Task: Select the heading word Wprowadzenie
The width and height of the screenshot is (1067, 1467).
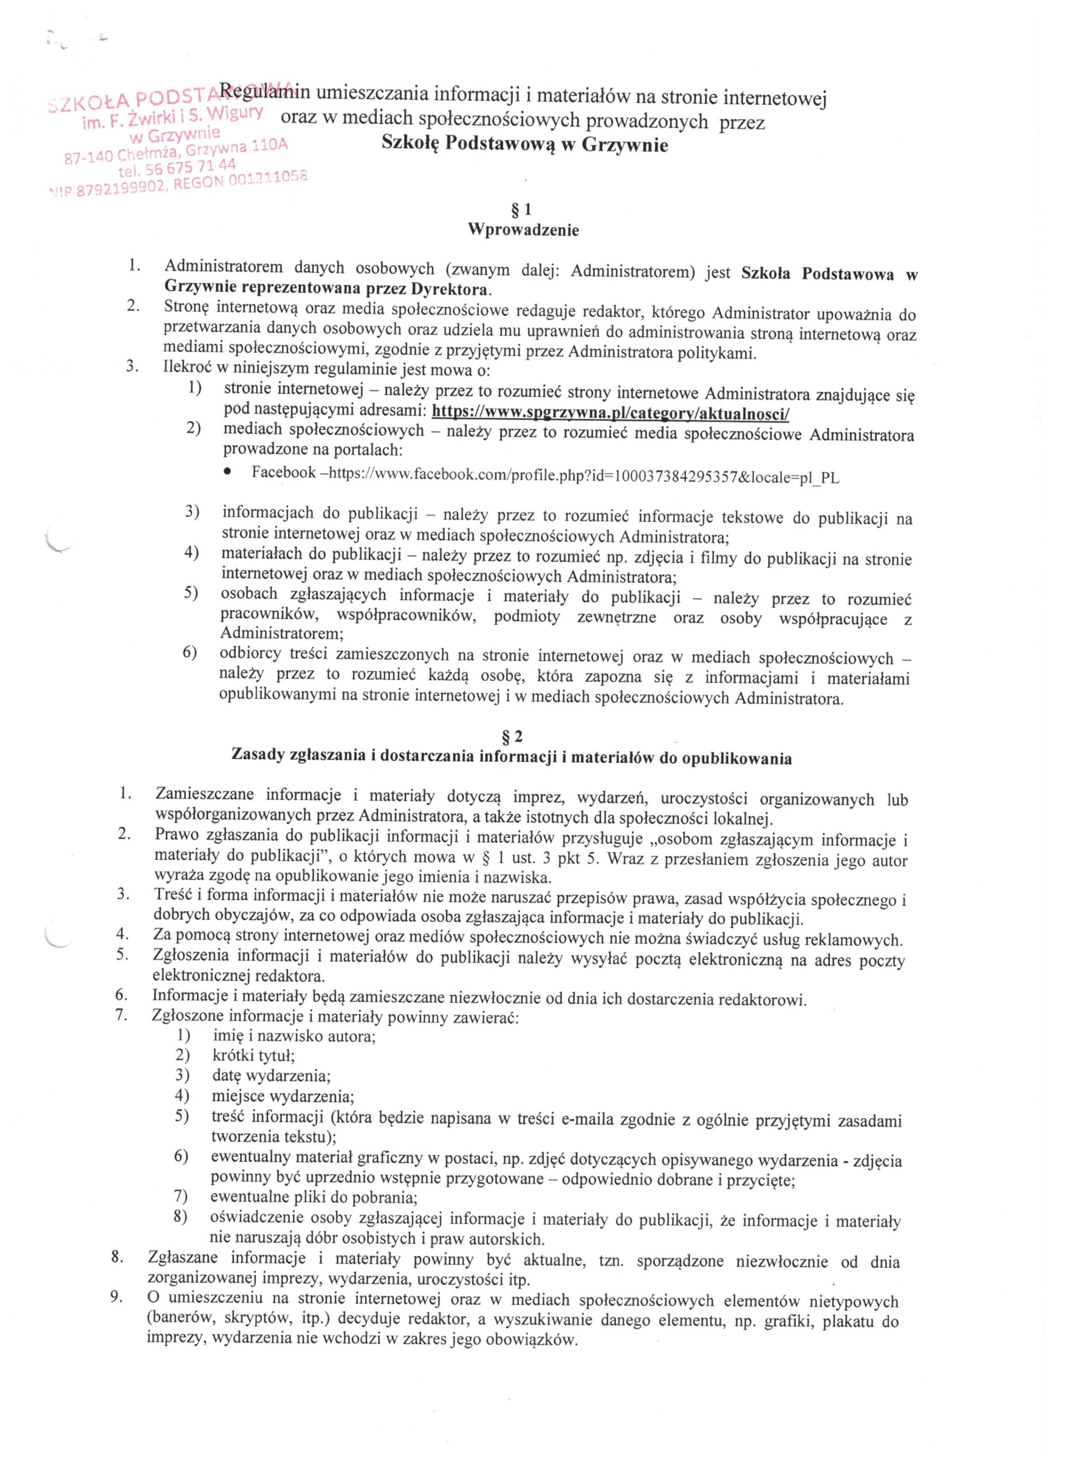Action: point(523,230)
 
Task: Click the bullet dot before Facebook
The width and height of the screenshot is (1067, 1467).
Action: point(227,474)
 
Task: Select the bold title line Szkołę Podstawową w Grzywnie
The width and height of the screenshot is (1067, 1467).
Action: point(525,145)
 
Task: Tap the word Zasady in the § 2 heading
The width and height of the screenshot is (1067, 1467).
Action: point(258,757)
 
